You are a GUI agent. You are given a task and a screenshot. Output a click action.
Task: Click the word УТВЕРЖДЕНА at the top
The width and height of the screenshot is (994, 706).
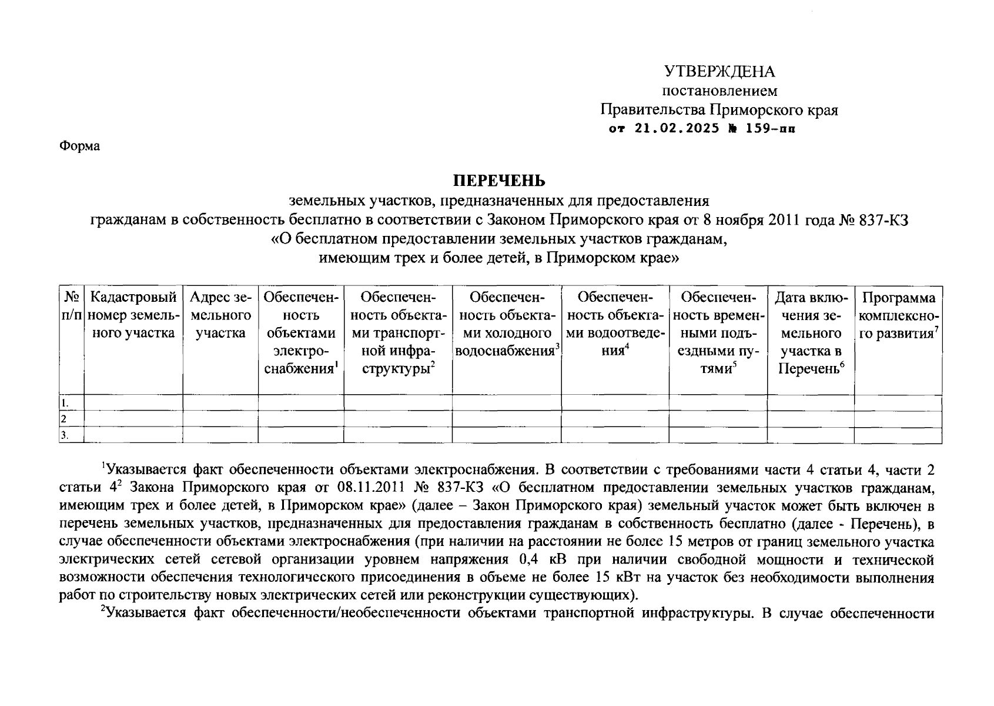(x=719, y=72)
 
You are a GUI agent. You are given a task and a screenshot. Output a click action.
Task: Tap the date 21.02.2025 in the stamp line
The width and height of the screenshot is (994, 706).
(x=677, y=128)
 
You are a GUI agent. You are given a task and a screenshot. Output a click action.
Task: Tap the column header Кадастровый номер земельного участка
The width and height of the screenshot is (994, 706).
(x=133, y=315)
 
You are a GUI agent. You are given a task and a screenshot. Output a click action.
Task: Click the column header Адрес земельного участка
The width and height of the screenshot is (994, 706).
(x=220, y=315)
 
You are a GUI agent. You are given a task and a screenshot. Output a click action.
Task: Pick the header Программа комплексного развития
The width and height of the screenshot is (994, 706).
(x=898, y=315)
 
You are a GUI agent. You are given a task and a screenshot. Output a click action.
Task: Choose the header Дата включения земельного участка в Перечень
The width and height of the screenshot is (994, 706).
(x=811, y=333)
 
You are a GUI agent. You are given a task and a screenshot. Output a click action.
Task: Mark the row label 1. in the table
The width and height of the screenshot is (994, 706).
(x=65, y=403)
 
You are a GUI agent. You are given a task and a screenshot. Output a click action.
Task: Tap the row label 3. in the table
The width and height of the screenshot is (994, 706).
(x=65, y=435)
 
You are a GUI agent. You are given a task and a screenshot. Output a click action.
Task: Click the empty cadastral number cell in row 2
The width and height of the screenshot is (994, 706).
(x=133, y=419)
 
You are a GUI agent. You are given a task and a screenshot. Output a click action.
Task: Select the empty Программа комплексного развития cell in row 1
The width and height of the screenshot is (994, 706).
(x=898, y=403)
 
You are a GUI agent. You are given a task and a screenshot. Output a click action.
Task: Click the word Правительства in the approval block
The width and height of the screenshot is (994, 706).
(x=652, y=110)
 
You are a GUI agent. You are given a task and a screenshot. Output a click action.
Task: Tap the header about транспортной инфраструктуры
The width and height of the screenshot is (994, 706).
(x=397, y=333)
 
